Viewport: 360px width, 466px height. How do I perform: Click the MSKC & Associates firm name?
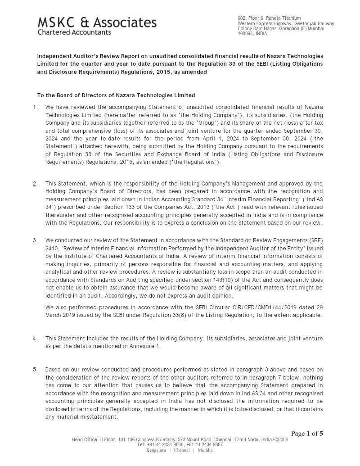(97, 23)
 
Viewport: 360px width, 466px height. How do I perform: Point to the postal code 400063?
(245, 34)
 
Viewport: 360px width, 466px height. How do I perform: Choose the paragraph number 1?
(35, 107)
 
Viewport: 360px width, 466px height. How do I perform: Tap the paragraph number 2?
(35, 183)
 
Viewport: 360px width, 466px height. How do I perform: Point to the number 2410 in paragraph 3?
(52, 248)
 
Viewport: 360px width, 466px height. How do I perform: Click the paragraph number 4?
(35, 338)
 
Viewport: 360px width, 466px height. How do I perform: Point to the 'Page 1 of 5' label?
(307, 434)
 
